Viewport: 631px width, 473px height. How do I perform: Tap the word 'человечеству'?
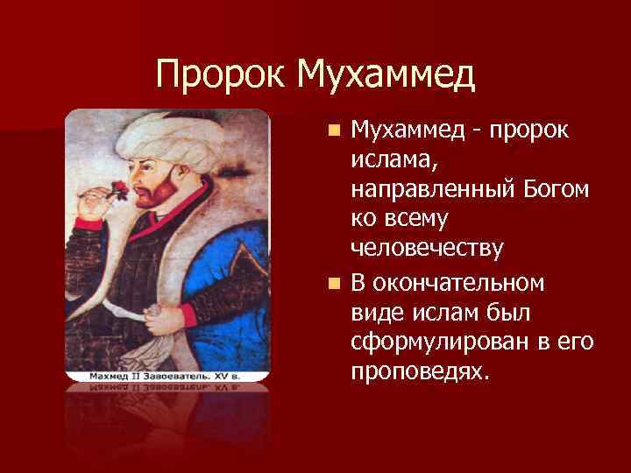pyautogui.click(x=427, y=250)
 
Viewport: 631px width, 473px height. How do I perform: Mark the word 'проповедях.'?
pyautogui.click(x=416, y=373)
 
